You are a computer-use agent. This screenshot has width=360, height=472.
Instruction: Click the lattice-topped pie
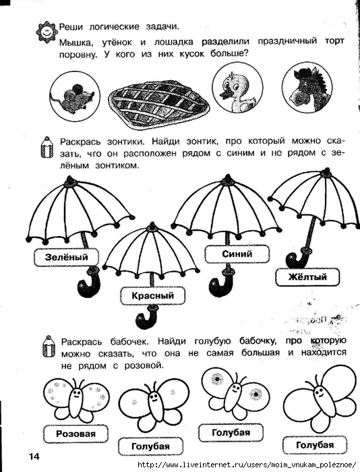159,103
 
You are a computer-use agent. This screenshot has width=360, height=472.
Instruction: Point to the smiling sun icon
47,31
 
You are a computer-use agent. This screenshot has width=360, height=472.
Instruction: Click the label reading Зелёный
66,257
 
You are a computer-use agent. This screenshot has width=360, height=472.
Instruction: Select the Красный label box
152,295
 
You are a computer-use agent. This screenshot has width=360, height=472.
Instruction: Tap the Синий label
237,254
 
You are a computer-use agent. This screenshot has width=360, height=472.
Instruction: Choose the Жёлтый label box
307,276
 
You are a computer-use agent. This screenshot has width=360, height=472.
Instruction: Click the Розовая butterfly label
76,434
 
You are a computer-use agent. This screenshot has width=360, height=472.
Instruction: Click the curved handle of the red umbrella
146,318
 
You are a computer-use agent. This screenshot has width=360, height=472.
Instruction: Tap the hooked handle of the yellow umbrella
297,259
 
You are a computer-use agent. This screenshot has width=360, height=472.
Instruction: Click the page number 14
34,456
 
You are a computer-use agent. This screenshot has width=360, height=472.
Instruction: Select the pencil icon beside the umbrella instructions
47,147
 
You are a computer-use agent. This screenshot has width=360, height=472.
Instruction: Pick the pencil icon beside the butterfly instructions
48,347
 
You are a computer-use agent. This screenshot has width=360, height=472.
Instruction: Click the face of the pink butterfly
76,394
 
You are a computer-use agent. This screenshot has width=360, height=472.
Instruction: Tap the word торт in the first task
334,40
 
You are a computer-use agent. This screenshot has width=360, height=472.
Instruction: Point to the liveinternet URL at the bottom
247,465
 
